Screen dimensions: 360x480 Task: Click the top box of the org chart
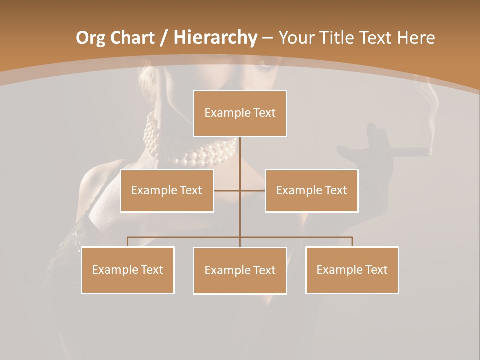240,113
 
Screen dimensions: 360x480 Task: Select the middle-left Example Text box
167,190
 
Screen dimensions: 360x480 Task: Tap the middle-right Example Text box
311,190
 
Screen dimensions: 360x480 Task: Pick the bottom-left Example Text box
128,270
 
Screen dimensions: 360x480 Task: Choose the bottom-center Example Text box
240,270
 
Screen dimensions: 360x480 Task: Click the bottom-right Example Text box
352,270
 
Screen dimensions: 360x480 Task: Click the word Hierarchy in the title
215,37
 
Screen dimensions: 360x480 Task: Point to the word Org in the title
90,38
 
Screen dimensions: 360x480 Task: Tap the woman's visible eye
265,64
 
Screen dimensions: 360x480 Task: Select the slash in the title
164,38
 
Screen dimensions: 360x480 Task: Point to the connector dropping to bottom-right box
352,242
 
